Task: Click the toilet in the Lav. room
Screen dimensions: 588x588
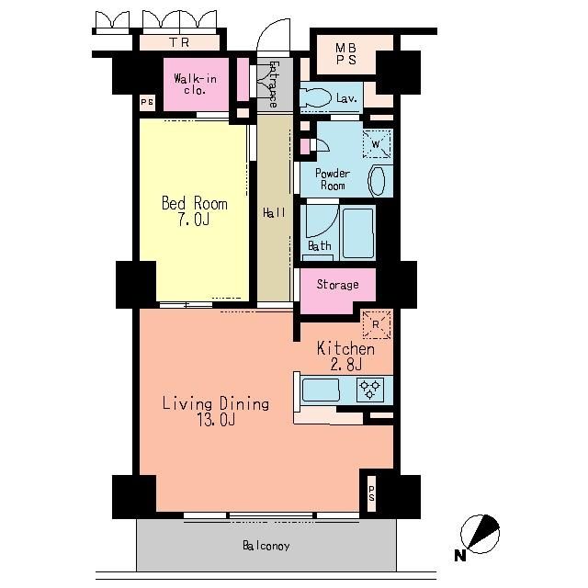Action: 315,98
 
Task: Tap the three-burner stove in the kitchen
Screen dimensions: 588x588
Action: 370,390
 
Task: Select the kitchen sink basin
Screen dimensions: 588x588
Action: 321,390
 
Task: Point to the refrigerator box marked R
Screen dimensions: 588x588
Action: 376,324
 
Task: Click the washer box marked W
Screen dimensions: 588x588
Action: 376,143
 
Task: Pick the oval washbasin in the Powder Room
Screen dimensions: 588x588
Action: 377,181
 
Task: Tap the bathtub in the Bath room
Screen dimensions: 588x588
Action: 358,232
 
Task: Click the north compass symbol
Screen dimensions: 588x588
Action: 480,535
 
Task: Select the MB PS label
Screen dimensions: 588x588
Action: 345,54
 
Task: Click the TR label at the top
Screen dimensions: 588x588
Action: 179,42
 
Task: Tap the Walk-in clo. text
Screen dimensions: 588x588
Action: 195,85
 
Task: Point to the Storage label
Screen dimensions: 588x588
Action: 337,285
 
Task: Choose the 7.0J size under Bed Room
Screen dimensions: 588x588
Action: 194,220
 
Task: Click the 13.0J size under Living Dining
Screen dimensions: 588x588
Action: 217,420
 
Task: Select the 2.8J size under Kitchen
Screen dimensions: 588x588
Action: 345,364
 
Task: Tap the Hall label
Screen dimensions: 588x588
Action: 274,213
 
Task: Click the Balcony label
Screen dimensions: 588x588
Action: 266,546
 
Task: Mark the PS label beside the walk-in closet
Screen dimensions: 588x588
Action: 147,102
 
